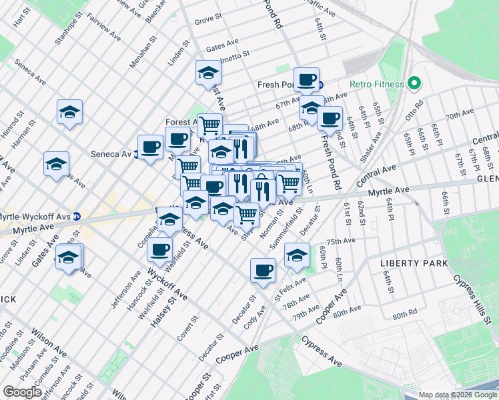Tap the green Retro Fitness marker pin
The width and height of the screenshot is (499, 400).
pyautogui.click(x=414, y=84)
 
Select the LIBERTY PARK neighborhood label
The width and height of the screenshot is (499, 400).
pyautogui.click(x=405, y=263)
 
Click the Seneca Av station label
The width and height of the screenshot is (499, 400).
pyautogui.click(x=111, y=154)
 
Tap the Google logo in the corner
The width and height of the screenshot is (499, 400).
pyautogui.click(x=22, y=392)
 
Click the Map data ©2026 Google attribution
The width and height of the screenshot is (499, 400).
pyautogui.click(x=457, y=395)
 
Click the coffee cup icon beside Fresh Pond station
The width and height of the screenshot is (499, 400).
pyautogui.click(x=306, y=79)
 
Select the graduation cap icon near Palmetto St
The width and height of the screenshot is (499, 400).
pyautogui.click(x=208, y=72)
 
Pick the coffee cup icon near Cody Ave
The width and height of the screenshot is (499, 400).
pyautogui.click(x=263, y=270)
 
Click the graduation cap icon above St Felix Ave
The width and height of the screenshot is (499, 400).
pyautogui.click(x=297, y=254)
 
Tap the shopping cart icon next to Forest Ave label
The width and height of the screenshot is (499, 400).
pyautogui.click(x=209, y=124)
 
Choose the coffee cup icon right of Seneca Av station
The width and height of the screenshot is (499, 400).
pyautogui.click(x=150, y=147)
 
